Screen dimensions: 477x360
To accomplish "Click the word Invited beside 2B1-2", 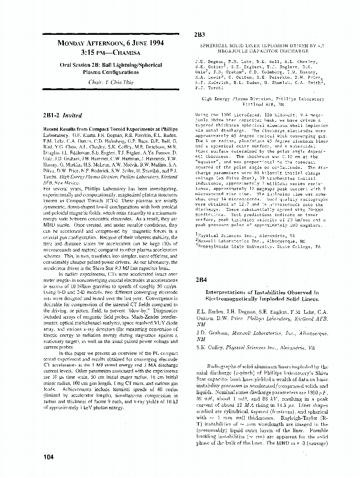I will (73, 115).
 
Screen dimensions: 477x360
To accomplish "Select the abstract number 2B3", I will (199, 35).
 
